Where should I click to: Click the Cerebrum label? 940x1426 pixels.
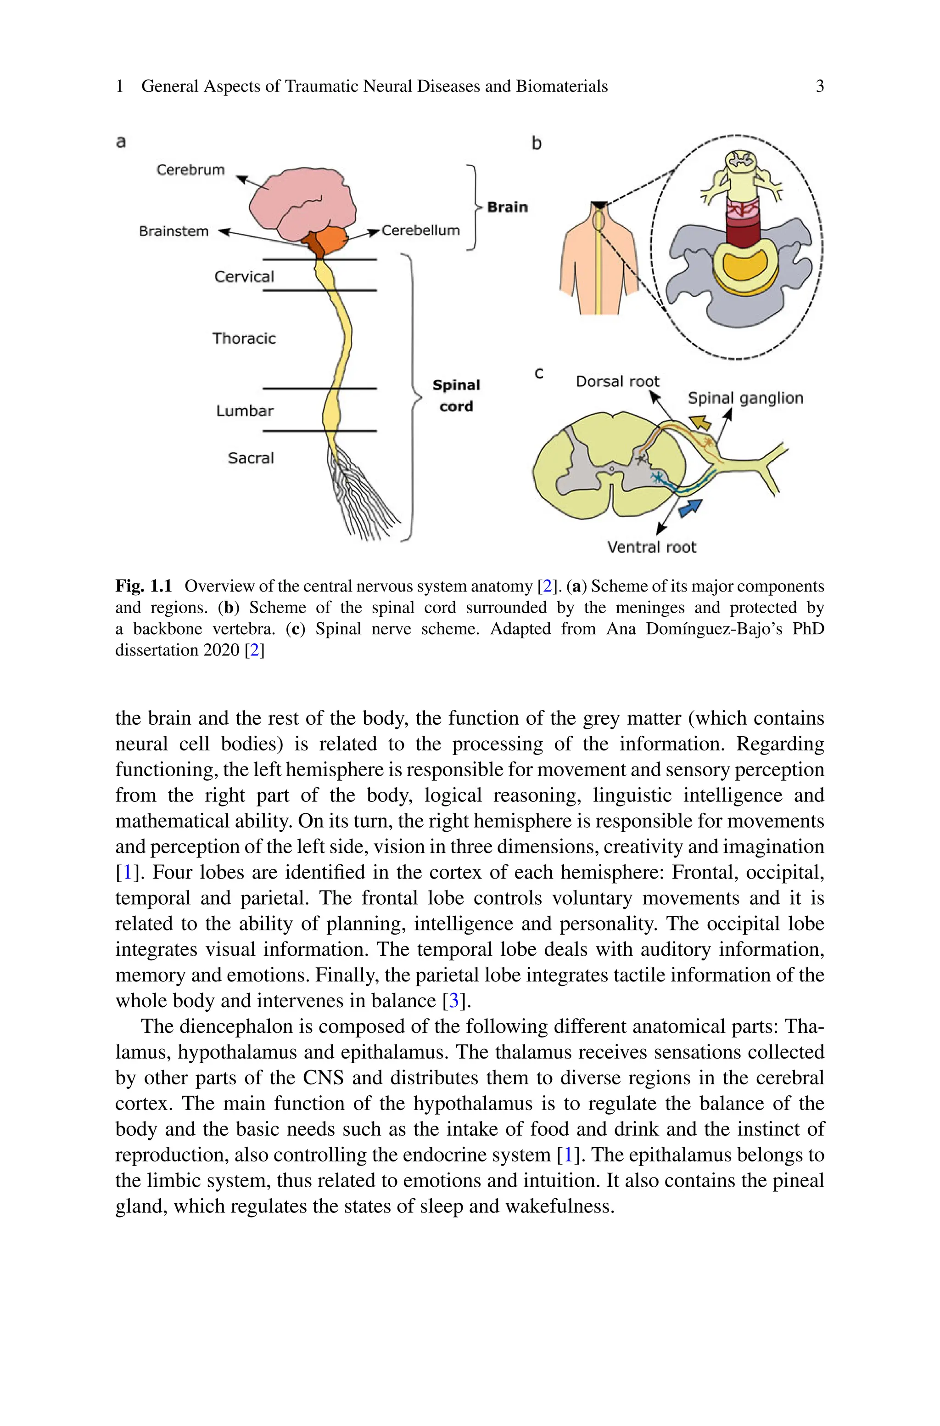(x=190, y=170)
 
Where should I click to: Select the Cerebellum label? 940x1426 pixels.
(x=420, y=230)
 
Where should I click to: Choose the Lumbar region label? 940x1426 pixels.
(x=245, y=411)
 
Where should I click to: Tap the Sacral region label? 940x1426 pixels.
(x=251, y=458)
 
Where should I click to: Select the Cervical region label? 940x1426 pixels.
(x=244, y=277)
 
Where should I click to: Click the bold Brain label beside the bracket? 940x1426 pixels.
(x=507, y=208)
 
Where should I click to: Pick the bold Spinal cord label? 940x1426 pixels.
(x=456, y=396)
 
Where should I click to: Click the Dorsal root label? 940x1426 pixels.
(x=617, y=381)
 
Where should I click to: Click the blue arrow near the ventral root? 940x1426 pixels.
(x=691, y=508)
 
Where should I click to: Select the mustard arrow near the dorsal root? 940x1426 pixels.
(x=699, y=423)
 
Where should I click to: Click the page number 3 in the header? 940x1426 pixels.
(x=819, y=86)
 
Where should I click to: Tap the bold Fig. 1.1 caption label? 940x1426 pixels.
(x=143, y=586)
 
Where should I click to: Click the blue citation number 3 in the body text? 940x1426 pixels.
(x=454, y=1000)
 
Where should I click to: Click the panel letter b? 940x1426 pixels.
(x=537, y=143)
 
